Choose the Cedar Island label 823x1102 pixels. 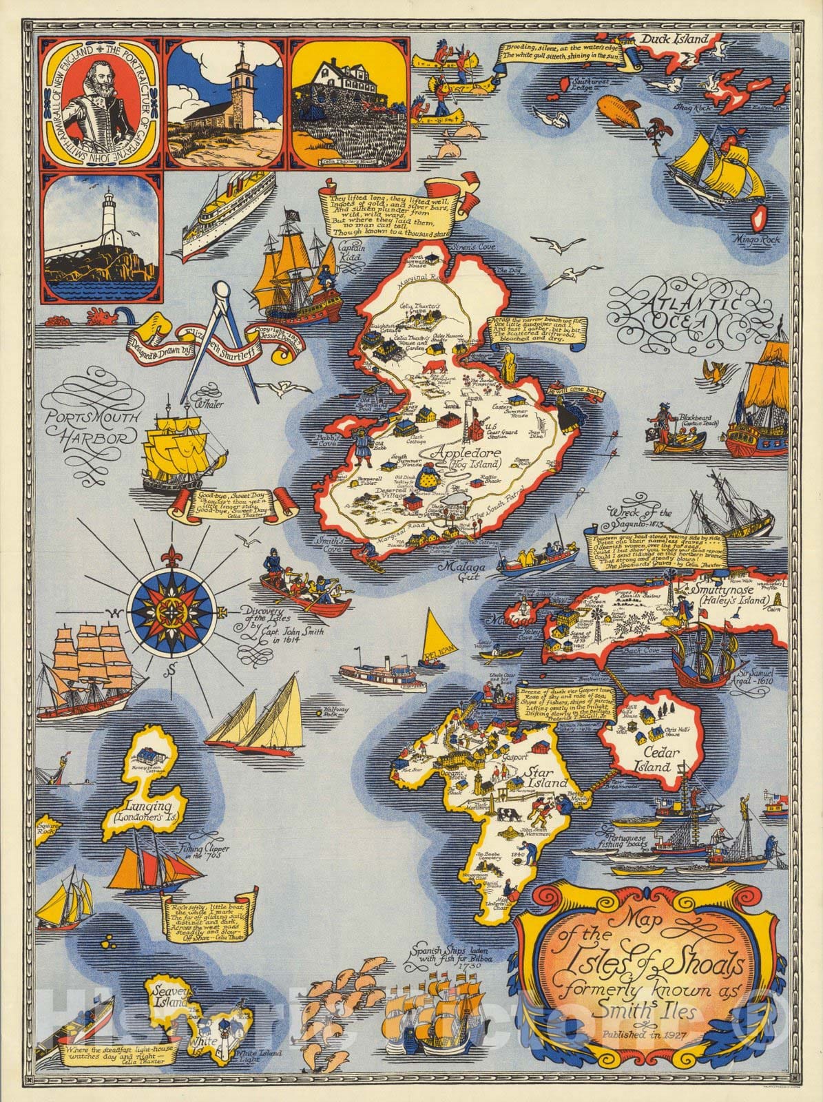click(647, 758)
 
